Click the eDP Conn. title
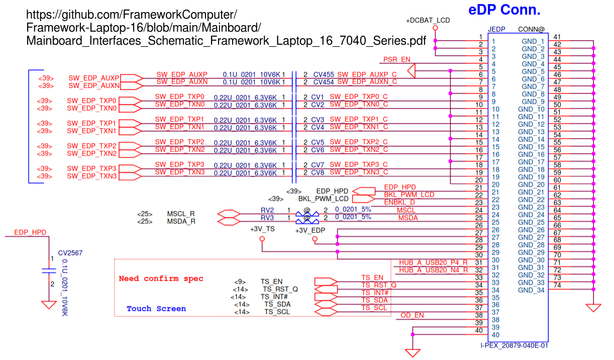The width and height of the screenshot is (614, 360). pos(504,10)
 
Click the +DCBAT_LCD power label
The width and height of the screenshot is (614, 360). pos(428,20)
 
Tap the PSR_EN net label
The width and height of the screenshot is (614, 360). pos(396,59)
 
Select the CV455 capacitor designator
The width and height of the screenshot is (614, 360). pos(324,74)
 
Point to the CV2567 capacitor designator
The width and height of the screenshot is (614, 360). pos(70,253)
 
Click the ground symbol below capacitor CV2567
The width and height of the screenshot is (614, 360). pos(49,305)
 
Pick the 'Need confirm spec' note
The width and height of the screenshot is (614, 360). pos(161,279)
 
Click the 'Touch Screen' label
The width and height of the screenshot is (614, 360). pos(156,309)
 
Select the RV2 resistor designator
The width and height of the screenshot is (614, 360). pos(267,210)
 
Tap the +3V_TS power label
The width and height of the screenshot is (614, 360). pos(262,229)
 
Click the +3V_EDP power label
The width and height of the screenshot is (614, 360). pos(310,230)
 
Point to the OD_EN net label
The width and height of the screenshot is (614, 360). pos(412,315)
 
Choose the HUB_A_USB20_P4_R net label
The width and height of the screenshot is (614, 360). pos(433,263)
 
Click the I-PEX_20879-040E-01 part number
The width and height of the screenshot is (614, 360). pos(514,345)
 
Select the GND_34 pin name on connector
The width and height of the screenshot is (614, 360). pos(531,290)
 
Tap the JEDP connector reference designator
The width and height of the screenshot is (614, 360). pos(496,29)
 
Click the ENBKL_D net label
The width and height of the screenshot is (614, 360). pos(399,202)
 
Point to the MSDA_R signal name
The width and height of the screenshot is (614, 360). pos(181,221)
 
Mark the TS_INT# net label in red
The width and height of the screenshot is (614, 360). pos(375,293)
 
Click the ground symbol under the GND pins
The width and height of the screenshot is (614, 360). pos(593,308)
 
